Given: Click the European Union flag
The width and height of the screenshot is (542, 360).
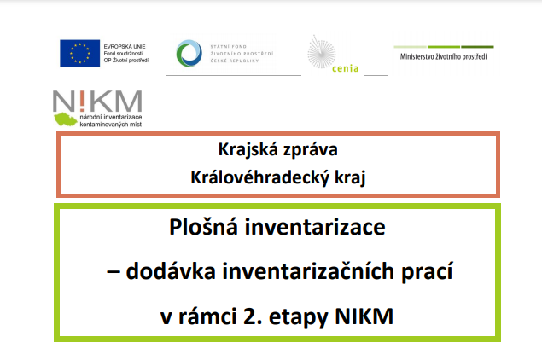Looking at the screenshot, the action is coord(80,53).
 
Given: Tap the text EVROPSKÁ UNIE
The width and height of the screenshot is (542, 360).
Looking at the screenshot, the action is coord(125,46).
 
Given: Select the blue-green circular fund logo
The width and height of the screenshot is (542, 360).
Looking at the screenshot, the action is coord(189,53).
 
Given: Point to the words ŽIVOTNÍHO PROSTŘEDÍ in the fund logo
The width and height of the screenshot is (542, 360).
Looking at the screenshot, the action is coord(242,54).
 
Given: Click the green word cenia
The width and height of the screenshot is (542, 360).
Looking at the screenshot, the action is coord(345,68).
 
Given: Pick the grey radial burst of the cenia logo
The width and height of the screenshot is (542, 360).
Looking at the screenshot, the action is coord(322,54).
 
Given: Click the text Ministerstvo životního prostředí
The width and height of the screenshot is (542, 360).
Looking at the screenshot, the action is coord(444,56).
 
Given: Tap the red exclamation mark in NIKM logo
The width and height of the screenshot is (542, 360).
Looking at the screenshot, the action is coord(81,100).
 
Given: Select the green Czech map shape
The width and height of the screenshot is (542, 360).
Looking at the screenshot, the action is coord(66,119).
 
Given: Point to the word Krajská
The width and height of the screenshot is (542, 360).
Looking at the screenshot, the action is coord(248,150).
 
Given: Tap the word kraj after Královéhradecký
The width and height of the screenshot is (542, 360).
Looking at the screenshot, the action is coord(350,178).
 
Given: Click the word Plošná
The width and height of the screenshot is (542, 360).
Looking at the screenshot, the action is coord(204,227).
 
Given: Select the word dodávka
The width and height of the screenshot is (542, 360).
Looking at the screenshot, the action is coord(171,271).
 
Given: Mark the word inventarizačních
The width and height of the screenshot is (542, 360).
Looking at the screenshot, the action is coord(308,271).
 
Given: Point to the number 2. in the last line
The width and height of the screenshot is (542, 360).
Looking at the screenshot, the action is coord(253,316).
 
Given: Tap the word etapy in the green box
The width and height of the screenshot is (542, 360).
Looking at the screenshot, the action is coord(299,317).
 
